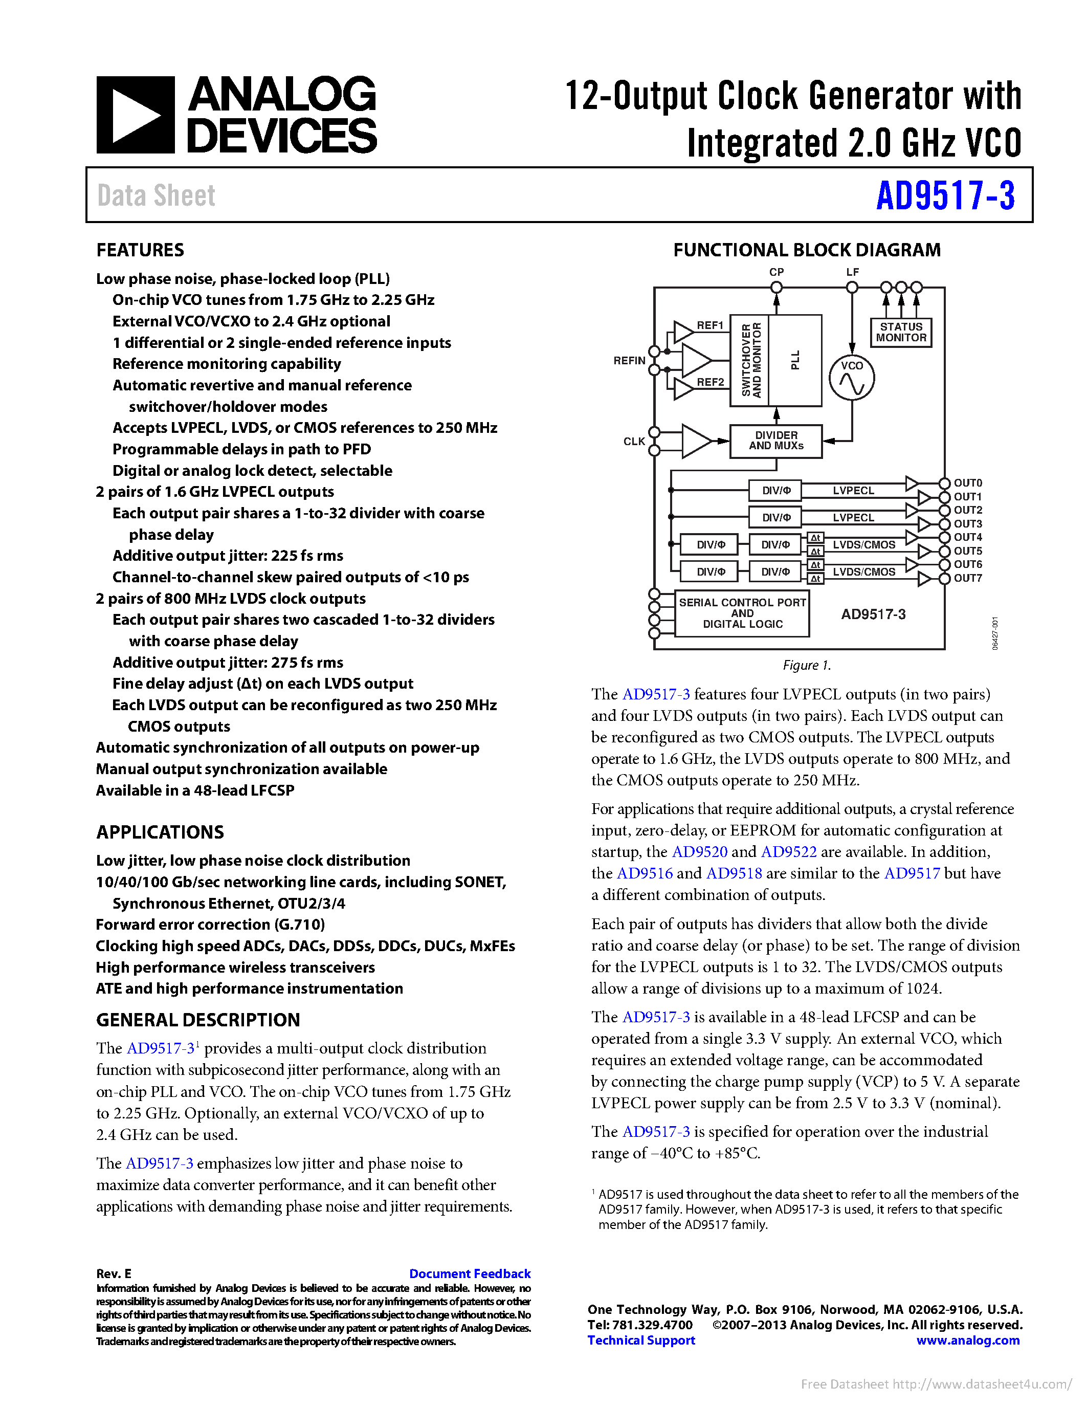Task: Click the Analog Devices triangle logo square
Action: pyautogui.click(x=135, y=115)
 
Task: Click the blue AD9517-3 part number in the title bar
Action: pyautogui.click(x=945, y=196)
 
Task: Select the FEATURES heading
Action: pyautogui.click(x=140, y=250)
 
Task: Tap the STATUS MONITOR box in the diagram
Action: pyautogui.click(x=900, y=333)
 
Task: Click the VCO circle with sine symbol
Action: pyautogui.click(x=851, y=378)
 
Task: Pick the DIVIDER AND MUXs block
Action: pyautogui.click(x=775, y=441)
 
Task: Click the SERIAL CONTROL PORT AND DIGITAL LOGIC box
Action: pyautogui.click(x=742, y=613)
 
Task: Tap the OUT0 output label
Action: pyautogui.click(x=967, y=483)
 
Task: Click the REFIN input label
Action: pyautogui.click(x=629, y=361)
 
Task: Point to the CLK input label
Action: pyautogui.click(x=634, y=442)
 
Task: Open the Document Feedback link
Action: pyautogui.click(x=470, y=1273)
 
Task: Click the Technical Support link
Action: pyautogui.click(x=641, y=1340)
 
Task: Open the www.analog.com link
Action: pyautogui.click(x=967, y=1340)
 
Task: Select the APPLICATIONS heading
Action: pyautogui.click(x=160, y=832)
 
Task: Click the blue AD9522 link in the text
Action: pyautogui.click(x=788, y=852)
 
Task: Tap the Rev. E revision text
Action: pyautogui.click(x=114, y=1273)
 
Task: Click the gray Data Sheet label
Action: pyautogui.click(x=156, y=196)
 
